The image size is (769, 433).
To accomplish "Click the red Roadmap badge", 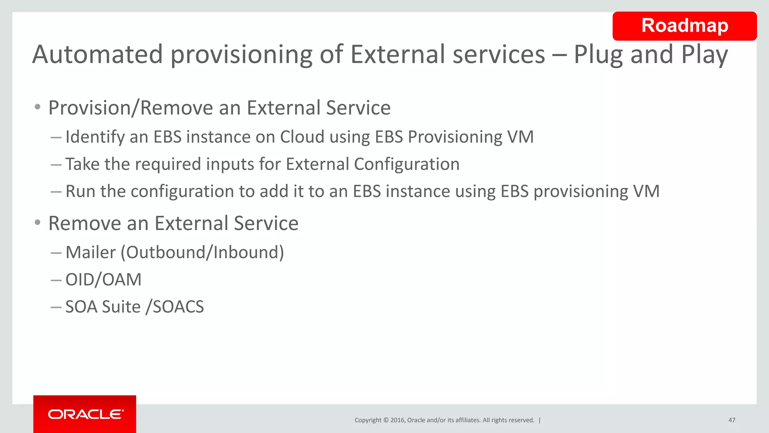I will (684, 26).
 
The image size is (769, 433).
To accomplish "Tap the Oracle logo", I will (85, 414).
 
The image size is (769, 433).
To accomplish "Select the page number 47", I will (731, 420).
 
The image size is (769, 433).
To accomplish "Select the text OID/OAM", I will (103, 280).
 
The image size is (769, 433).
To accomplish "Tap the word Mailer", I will (90, 252).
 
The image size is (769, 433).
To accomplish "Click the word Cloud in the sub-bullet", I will (302, 137).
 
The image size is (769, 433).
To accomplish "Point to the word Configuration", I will (407, 164).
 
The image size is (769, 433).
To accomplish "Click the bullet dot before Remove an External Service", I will (37, 223).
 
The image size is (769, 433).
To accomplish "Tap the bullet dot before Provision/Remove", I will (37, 107).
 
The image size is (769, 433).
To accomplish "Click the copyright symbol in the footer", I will (385, 420).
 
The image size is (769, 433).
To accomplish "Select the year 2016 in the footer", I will (397, 420).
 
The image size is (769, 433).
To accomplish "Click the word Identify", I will (95, 137).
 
